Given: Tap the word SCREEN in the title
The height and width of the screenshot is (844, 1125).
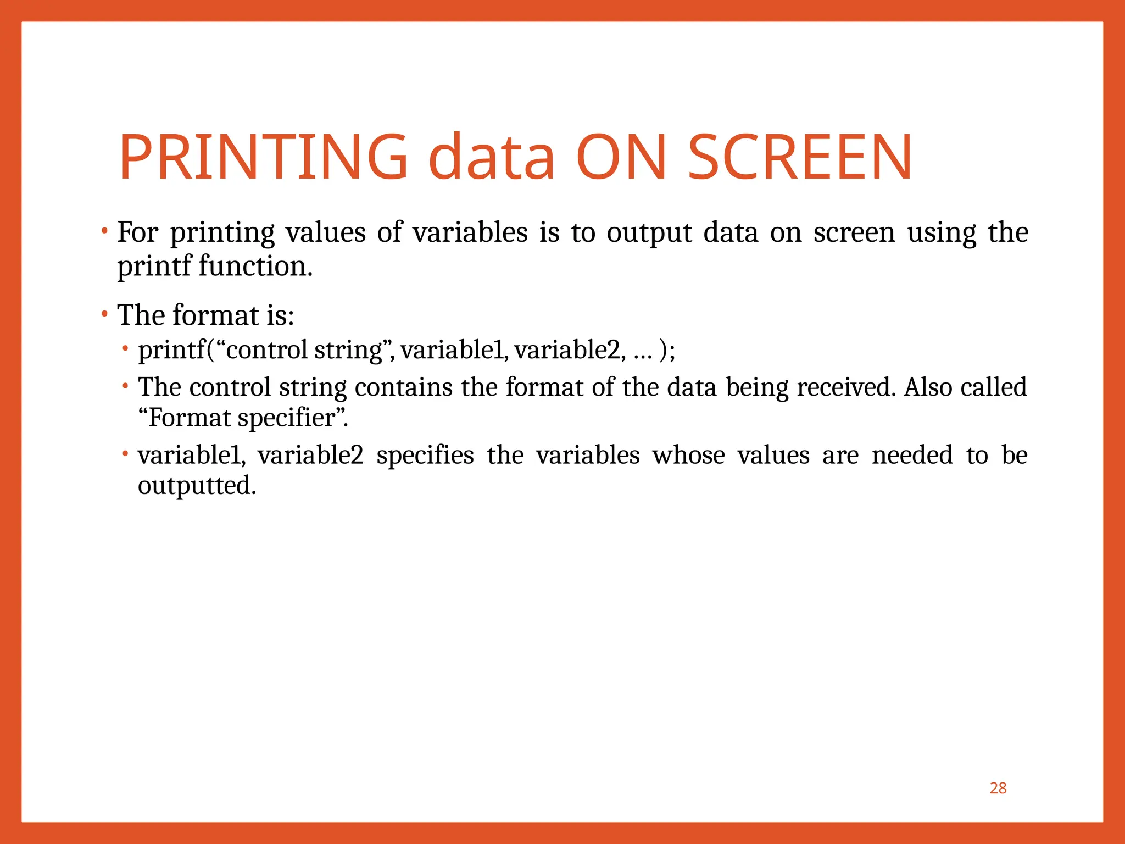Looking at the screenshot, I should coord(800,157).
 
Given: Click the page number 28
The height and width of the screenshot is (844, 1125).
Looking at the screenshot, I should coord(998,788).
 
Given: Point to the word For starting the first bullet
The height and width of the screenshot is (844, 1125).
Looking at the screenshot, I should coord(137,232).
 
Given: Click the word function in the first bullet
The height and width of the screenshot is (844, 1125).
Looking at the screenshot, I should coord(255,266).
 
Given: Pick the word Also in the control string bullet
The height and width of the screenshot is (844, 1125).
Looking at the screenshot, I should coord(928,387).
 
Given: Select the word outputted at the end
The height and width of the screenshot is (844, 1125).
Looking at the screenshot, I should coord(197,486).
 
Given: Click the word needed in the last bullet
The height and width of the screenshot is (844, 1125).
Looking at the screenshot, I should coord(912,456).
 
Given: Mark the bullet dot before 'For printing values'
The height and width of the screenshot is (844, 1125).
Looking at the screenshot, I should coord(104,231).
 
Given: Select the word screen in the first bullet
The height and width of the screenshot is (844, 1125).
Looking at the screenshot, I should coord(854,232).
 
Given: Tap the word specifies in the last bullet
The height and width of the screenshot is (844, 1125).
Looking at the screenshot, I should coord(425,456).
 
